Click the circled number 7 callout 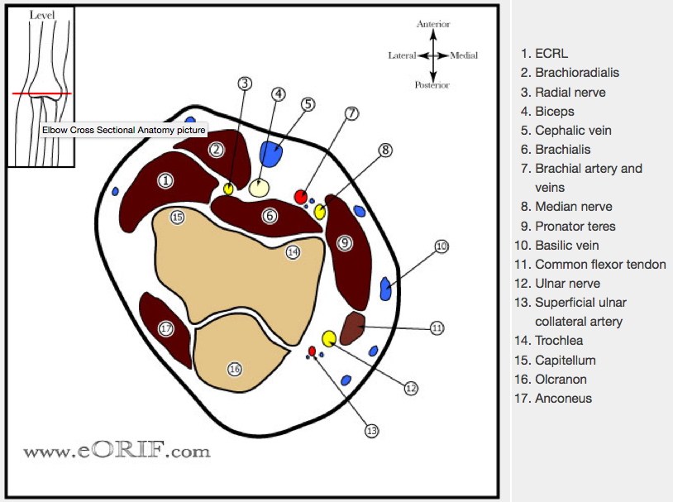tap(352, 114)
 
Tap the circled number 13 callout tap(371, 430)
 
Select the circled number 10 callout tap(441, 246)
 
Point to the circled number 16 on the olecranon tap(235, 369)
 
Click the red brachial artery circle tap(301, 196)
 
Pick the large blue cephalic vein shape tap(271, 154)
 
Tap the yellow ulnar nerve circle tap(329, 337)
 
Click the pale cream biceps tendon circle tap(260, 187)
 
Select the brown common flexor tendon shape tap(353, 327)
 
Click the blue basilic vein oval tap(385, 289)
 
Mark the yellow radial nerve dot tap(228, 189)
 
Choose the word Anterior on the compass tap(433, 25)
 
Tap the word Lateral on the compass tap(402, 55)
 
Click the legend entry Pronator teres tap(575, 226)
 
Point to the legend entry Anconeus tap(563, 399)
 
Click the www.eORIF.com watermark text tap(117, 451)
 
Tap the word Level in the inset tap(41, 15)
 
